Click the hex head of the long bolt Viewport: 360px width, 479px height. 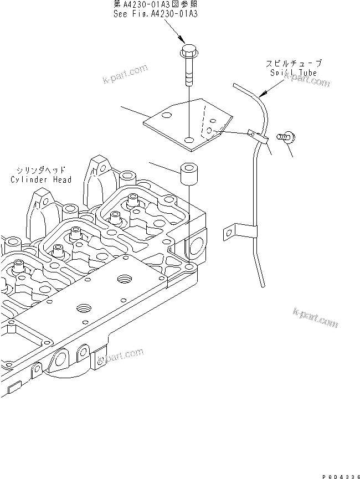click(x=188, y=52)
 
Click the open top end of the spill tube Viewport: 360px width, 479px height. click(x=234, y=85)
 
